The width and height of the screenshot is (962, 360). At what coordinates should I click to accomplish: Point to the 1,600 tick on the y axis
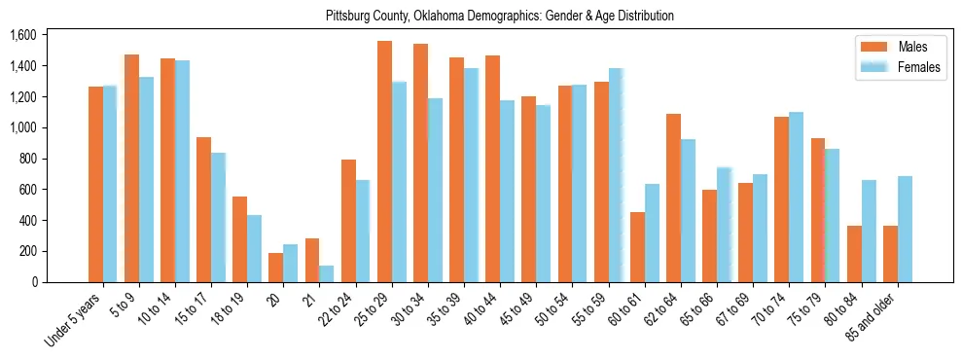pos(22,35)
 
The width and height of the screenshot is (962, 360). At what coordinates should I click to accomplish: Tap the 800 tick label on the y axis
pos(26,159)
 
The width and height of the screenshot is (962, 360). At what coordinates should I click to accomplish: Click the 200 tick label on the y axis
pos(26,251)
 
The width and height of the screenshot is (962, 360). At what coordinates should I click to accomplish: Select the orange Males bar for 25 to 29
pos(384,162)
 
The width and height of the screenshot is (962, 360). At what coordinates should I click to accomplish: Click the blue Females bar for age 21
pos(327,273)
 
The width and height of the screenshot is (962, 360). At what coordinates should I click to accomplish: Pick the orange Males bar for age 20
pos(276,268)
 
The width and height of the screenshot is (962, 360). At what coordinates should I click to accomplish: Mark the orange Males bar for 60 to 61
pos(637,247)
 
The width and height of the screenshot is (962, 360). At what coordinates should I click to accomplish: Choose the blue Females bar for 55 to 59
pos(616,175)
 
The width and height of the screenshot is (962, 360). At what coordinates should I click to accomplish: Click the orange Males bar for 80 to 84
pos(854,254)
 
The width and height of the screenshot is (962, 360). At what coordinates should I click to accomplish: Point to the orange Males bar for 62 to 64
pos(673,198)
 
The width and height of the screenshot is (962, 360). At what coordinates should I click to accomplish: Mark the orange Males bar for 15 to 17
pos(203,210)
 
